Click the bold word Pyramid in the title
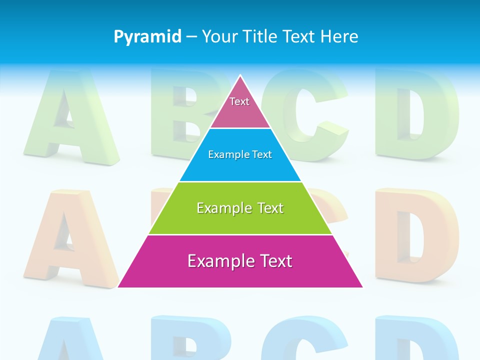point(147,36)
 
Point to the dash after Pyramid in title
point(191,37)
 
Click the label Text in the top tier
point(239,101)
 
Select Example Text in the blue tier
point(240,154)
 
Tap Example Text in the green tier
point(240,207)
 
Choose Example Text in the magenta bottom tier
point(240,261)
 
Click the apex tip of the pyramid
point(240,76)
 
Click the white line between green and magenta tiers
point(240,234)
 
